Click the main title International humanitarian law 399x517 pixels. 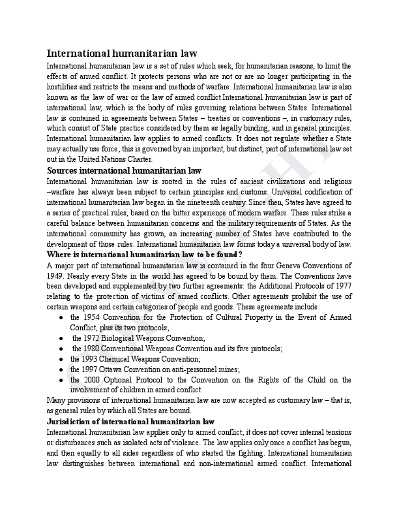pyautogui.click(x=122, y=54)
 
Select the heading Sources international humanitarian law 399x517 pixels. pyautogui.click(x=125, y=170)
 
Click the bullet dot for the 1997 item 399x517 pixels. pyautogui.click(x=60, y=369)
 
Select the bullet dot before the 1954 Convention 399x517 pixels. pyautogui.click(x=60, y=317)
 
